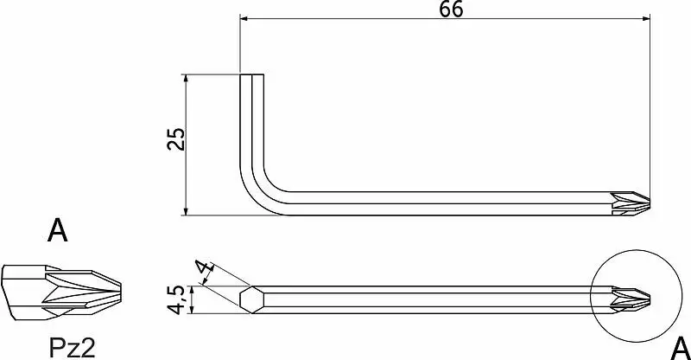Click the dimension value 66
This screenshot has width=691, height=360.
pyautogui.click(x=451, y=10)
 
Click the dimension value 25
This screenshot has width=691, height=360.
pyautogui.click(x=177, y=139)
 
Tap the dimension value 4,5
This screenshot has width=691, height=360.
pyautogui.click(x=177, y=299)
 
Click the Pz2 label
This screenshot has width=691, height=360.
pyautogui.click(x=72, y=349)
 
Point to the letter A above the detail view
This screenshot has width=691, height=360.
pyautogui.click(x=58, y=230)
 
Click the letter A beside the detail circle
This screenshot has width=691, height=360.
pyautogui.click(x=680, y=349)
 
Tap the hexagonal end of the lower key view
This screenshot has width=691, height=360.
pyautogui.click(x=252, y=299)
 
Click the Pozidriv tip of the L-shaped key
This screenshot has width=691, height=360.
pyautogui.click(x=631, y=203)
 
